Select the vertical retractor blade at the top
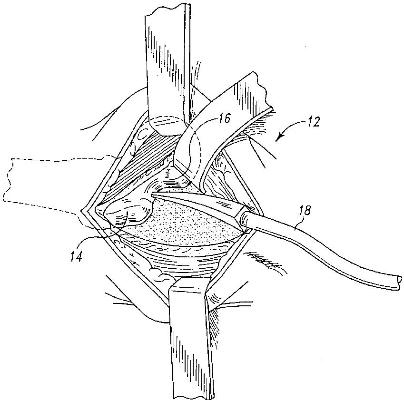pyautogui.click(x=167, y=71)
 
